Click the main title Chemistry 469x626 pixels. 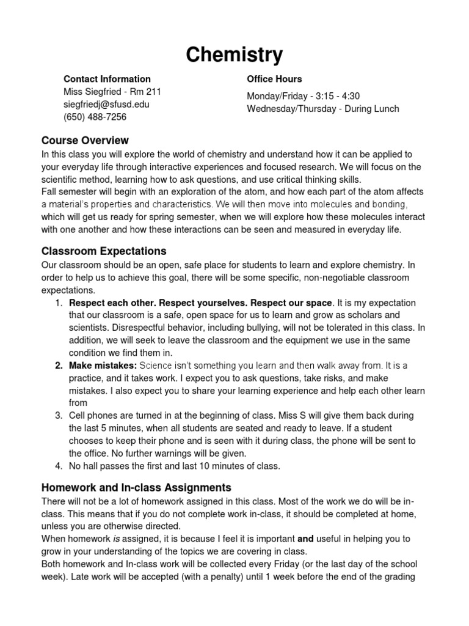pos(234,55)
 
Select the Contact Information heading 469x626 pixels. pos(107,79)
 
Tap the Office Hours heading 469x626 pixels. pos(274,79)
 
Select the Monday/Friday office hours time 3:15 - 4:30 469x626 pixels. pos(339,96)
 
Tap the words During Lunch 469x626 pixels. pos(372,109)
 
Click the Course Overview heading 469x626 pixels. pos(85,141)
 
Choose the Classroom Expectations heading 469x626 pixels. pos(104,251)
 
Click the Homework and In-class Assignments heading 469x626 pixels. pos(136,487)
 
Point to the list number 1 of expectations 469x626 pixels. pos(59,303)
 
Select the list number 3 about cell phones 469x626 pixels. pos(59,415)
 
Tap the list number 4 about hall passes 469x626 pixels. pos(59,466)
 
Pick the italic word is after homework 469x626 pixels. pos(116,539)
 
